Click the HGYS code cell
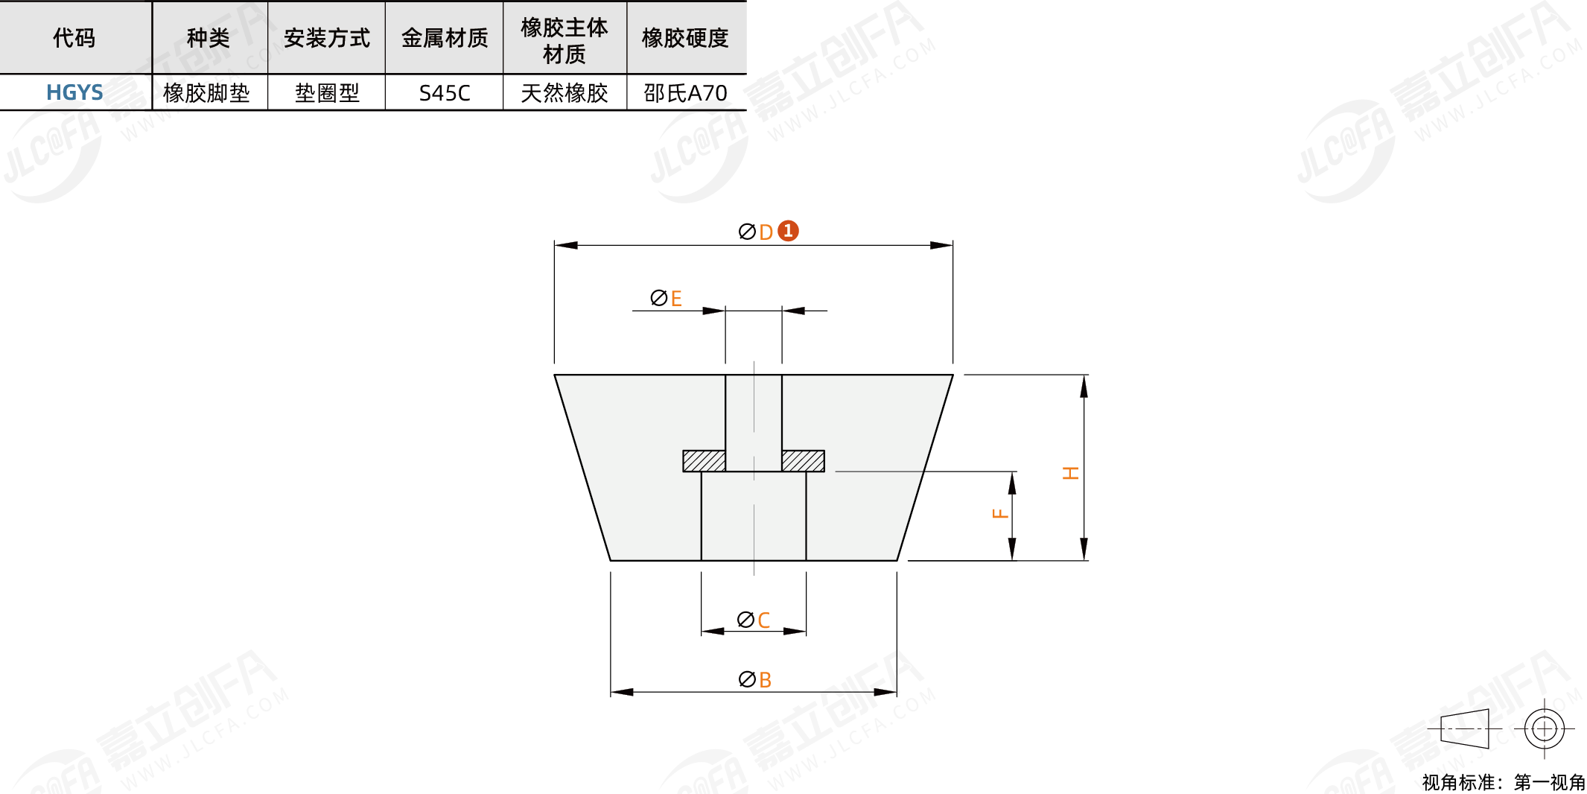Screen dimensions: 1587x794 tap(74, 92)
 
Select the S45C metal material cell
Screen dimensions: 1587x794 tap(445, 93)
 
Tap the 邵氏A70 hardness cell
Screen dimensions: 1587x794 tap(685, 93)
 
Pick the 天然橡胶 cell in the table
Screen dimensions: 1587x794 tap(564, 93)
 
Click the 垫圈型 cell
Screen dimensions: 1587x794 tap(327, 93)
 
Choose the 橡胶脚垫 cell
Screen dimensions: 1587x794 tap(206, 93)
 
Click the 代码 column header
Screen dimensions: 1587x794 tap(74, 38)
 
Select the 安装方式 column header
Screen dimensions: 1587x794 tap(327, 38)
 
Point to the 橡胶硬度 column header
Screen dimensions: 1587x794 tap(685, 38)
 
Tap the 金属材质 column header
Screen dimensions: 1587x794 tap(445, 38)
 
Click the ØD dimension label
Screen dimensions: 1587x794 tap(756, 232)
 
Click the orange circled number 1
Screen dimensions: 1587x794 tap(788, 231)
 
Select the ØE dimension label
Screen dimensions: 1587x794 tap(666, 298)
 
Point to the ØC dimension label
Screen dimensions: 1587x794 tap(753, 620)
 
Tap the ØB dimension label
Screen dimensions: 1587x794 tap(754, 679)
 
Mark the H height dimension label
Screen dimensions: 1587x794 tap(1071, 473)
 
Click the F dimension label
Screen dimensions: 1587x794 tap(1000, 513)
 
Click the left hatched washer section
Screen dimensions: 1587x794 tap(704, 461)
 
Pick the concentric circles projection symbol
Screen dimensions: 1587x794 tap(1544, 728)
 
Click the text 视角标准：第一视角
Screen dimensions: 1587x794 tap(1504, 782)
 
